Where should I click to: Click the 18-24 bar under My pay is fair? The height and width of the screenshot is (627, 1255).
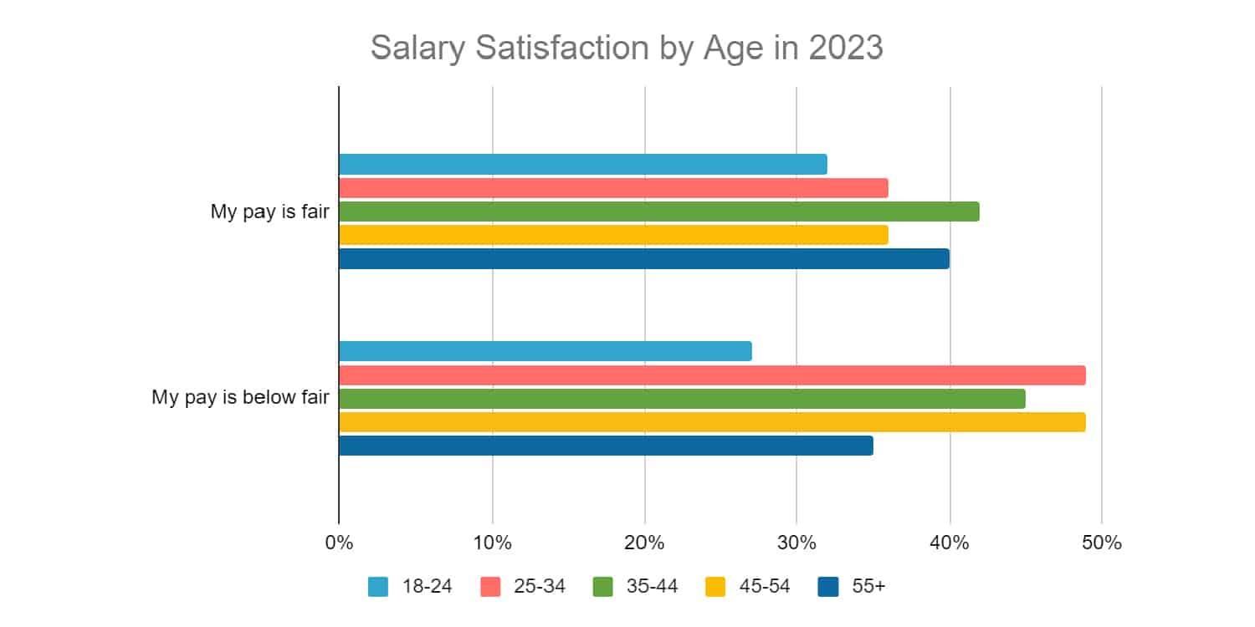point(582,165)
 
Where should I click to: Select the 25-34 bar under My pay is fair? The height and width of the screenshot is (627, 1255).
point(613,188)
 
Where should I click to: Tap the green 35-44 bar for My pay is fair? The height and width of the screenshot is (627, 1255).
point(658,212)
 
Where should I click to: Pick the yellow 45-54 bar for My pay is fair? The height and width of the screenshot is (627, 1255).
point(613,235)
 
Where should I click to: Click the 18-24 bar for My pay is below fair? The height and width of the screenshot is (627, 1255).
point(545,351)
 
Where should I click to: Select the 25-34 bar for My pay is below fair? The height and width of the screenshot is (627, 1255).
point(712,375)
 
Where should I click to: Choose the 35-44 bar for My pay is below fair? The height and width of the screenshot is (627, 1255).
point(682,399)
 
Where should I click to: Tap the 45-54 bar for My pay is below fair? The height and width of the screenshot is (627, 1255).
point(712,422)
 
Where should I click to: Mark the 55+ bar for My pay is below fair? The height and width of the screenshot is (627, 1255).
point(606,446)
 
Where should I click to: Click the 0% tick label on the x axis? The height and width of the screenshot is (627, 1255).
point(339,543)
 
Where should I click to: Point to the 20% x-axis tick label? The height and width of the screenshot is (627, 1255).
point(644,543)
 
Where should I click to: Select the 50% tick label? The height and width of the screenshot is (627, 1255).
point(1101,543)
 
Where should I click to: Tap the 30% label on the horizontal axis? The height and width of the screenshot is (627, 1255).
point(797,543)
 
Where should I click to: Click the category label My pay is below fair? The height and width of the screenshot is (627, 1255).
point(240,397)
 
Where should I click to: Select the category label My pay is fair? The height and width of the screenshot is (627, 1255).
point(269,212)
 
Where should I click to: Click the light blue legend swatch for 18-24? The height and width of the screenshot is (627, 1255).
point(378,587)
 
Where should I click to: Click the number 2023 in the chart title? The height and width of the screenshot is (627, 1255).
point(845,48)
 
